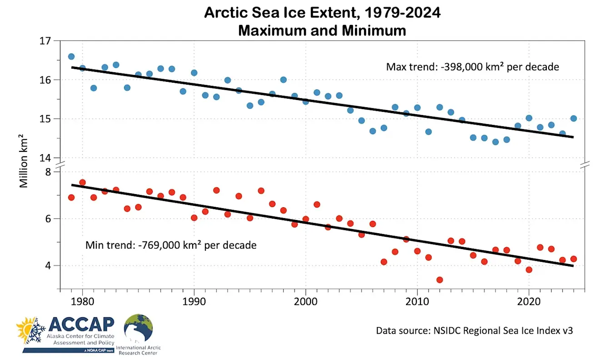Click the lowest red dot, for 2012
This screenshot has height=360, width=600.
coord(440,280)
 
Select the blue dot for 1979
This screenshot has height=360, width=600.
coord(71,56)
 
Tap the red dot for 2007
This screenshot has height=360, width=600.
coord(384,262)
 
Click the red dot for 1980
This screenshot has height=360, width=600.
coord(82,183)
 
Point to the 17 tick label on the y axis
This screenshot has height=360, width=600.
coord(45,41)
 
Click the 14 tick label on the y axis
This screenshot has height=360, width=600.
coord(45,158)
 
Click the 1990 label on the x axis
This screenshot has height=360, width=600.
coord(194,302)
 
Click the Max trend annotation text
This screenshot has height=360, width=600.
coord(472,67)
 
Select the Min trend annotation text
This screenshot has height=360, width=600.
coord(171,245)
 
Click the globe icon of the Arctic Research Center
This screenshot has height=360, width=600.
coord(138,329)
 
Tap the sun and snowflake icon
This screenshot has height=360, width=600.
coord(31,331)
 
